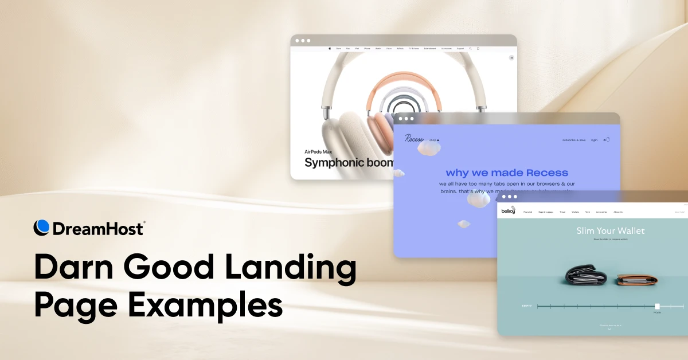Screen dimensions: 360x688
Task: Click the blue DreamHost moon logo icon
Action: point(42,228)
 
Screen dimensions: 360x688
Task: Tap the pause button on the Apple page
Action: point(511,57)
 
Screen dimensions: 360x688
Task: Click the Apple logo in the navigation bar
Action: point(330,49)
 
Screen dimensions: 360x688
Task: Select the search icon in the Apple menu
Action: point(470,49)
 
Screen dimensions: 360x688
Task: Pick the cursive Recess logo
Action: point(414,139)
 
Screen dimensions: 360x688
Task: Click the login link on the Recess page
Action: point(594,140)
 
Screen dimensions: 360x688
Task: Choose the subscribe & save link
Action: point(574,140)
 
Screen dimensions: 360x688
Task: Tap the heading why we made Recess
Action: point(507,173)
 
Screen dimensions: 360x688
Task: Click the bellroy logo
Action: point(509,211)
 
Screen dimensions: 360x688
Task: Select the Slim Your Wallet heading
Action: point(610,231)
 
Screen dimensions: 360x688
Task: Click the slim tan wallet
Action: point(632,279)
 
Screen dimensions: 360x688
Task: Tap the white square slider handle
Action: point(657,306)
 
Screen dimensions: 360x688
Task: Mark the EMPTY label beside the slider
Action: point(526,306)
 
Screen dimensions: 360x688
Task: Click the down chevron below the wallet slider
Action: point(609,329)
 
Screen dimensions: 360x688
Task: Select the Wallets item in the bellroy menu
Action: point(575,212)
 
